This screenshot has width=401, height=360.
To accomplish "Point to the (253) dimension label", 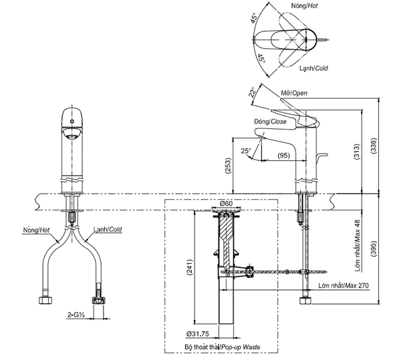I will click(227, 165).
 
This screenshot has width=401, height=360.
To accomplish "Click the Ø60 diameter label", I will click(225, 204).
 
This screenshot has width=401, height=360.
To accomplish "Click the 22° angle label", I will click(253, 93).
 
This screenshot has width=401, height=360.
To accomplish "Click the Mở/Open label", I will click(291, 93).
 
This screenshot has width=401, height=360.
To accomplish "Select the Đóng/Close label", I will click(270, 122).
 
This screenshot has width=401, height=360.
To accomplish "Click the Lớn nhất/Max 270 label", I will click(344, 285).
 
